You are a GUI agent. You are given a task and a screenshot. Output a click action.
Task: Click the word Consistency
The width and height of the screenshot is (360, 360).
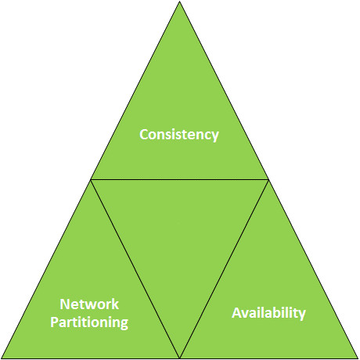coord(179,135)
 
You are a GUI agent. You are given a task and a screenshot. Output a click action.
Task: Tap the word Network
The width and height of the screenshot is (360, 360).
coord(89,304)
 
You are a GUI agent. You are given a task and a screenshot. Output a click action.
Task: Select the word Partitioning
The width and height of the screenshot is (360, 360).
coord(89,322)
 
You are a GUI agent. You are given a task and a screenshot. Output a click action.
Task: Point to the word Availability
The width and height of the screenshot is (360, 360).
coord(268,313)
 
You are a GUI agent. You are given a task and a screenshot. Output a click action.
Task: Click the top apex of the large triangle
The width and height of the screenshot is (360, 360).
coord(179,2)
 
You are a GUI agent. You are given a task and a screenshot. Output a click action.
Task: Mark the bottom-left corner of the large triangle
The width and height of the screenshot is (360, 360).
coord(2,358)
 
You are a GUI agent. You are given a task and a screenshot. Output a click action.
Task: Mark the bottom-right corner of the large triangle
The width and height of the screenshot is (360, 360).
coord(358,358)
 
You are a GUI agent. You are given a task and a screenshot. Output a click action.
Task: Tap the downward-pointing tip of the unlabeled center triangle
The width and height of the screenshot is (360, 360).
coord(179,358)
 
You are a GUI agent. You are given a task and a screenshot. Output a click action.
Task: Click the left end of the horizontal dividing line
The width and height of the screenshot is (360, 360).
coord(91,179)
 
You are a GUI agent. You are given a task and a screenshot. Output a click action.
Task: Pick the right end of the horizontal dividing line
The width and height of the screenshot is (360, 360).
coord(268,179)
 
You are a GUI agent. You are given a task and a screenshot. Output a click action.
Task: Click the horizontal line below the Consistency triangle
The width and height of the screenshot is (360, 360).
coord(179,179)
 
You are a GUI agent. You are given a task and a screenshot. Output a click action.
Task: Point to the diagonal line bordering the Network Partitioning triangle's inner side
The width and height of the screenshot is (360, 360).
coord(135,268)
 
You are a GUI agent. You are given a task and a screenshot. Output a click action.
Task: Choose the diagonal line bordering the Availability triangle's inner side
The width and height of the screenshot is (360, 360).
coord(224,268)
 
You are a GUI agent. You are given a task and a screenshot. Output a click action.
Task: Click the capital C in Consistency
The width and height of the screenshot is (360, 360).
coord(144,135)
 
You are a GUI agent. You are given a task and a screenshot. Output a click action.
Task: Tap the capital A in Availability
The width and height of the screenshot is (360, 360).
coord(236,313)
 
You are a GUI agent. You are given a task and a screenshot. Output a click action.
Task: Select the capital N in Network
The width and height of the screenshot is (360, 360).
coord(64,304)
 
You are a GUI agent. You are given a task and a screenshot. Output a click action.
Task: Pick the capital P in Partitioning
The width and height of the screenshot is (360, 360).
coord(54,322)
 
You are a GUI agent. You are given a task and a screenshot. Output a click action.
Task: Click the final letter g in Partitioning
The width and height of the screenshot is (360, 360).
coord(124,324)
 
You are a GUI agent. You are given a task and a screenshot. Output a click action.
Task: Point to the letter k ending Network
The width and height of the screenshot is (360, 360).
coord(116,304)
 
